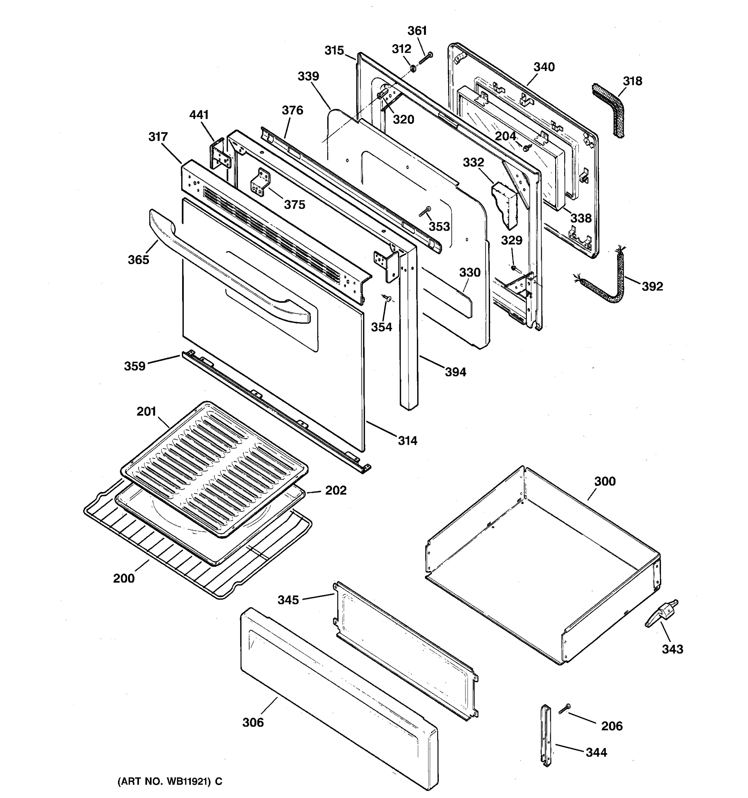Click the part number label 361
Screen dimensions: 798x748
[417, 31]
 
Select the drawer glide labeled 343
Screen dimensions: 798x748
[662, 616]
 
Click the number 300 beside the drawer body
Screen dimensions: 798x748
[604, 481]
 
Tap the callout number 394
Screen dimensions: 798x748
[455, 372]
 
